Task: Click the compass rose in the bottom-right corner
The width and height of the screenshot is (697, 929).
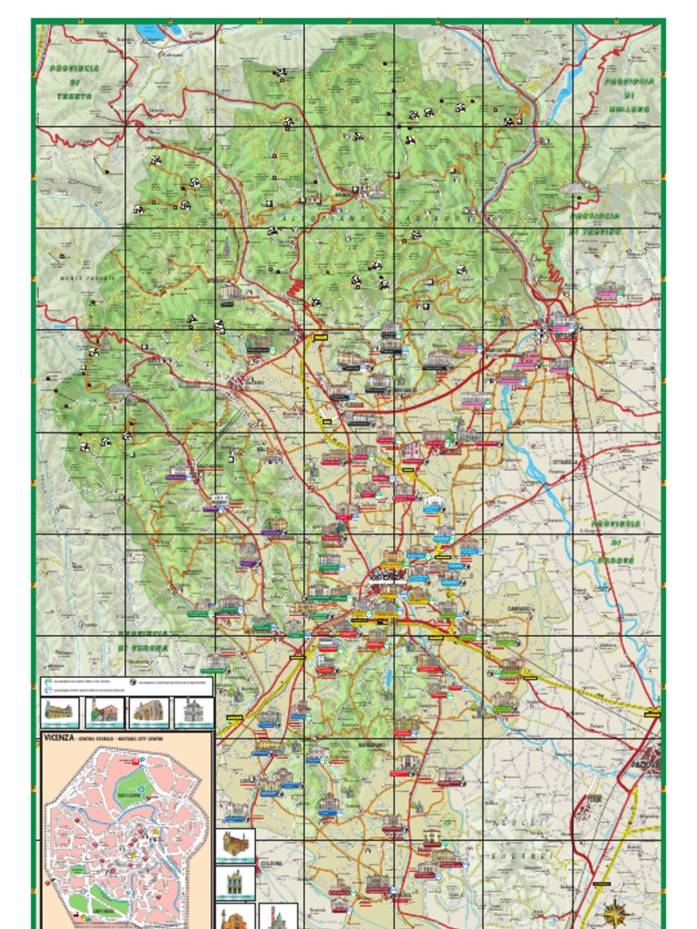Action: (616, 910)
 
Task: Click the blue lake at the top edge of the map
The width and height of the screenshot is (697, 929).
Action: (150, 33)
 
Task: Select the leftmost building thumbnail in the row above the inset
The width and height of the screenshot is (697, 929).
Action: (58, 711)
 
